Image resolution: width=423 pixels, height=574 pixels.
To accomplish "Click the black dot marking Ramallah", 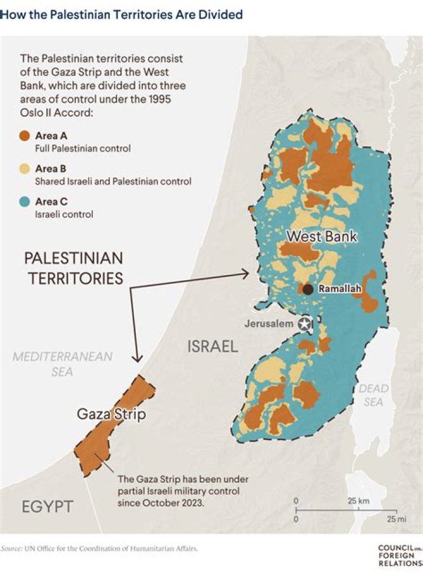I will point(307,289).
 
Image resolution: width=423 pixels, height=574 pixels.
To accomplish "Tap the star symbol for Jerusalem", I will point(304,324).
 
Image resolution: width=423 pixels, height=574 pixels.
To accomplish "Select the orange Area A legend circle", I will point(25,136).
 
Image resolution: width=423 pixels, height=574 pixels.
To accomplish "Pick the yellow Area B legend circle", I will point(25,169).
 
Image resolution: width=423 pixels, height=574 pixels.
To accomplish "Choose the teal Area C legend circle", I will point(25,202).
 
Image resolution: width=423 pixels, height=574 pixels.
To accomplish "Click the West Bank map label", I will point(321,237).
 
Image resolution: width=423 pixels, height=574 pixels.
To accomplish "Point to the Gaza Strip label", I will point(111,415).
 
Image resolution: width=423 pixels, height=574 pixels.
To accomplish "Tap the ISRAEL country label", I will point(213,347).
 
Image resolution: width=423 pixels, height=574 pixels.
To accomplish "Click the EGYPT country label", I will point(48,506).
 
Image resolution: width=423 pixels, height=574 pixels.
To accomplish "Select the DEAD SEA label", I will point(374,395).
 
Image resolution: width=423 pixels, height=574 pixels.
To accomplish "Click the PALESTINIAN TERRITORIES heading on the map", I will point(73,268).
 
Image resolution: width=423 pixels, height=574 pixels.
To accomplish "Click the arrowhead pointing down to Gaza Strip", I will point(137,359).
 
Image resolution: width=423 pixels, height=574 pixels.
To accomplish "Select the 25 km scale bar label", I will point(358,501).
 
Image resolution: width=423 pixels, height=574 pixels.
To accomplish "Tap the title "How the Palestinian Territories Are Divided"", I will point(121,15).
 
